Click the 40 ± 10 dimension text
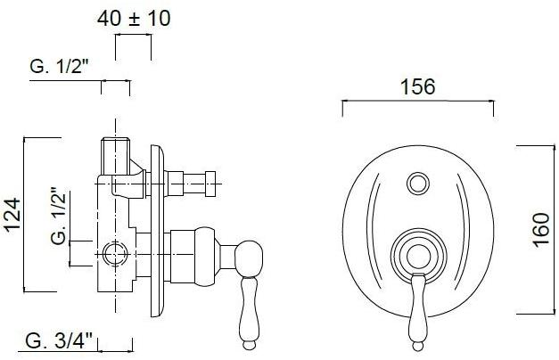[x=134, y=19]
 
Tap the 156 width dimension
[x=418, y=86]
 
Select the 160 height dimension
[x=541, y=230]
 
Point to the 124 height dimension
[x=12, y=216]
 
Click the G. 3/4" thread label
[x=59, y=341]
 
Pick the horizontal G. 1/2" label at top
[x=59, y=66]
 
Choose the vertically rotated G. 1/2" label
[x=59, y=217]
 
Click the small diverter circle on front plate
[x=418, y=184]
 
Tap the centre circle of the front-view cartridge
[x=418, y=257]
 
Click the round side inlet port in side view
[x=115, y=254]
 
